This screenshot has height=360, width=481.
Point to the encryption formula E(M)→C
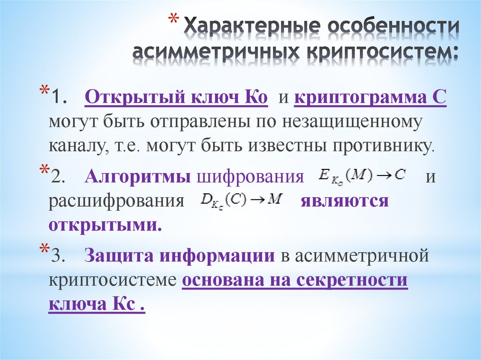pos(361,176)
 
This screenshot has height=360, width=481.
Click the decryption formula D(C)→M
pos(240,200)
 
